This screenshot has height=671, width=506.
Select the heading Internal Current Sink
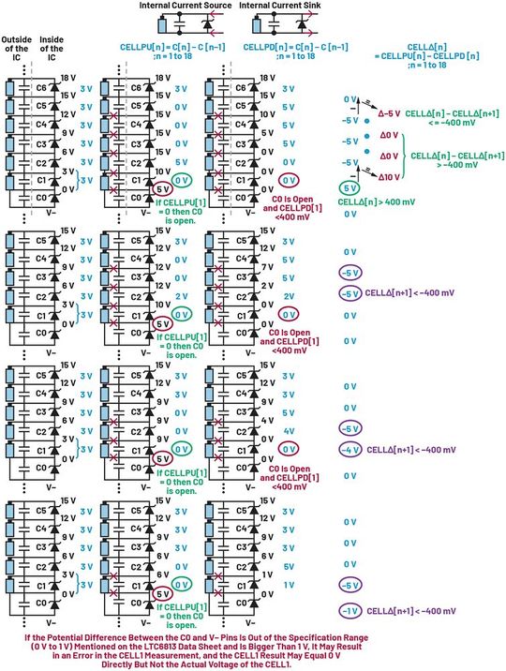coord(277,6)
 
